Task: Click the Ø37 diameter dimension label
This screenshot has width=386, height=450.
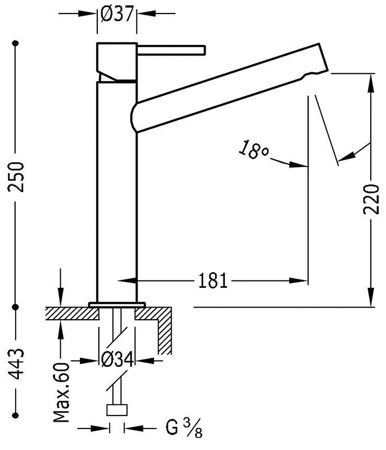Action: tap(116, 15)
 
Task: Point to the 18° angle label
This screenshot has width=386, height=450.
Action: tap(254, 150)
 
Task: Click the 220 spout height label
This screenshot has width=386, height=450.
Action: tap(372, 199)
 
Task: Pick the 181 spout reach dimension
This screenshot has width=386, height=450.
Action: tap(213, 282)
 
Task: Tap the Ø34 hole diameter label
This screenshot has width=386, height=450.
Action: tap(117, 361)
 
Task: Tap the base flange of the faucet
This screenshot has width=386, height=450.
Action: tap(117, 304)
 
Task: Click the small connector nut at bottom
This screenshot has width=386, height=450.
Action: tap(117, 410)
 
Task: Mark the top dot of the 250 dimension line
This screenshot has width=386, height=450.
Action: tap(18, 43)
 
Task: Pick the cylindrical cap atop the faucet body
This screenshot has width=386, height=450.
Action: tap(117, 60)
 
